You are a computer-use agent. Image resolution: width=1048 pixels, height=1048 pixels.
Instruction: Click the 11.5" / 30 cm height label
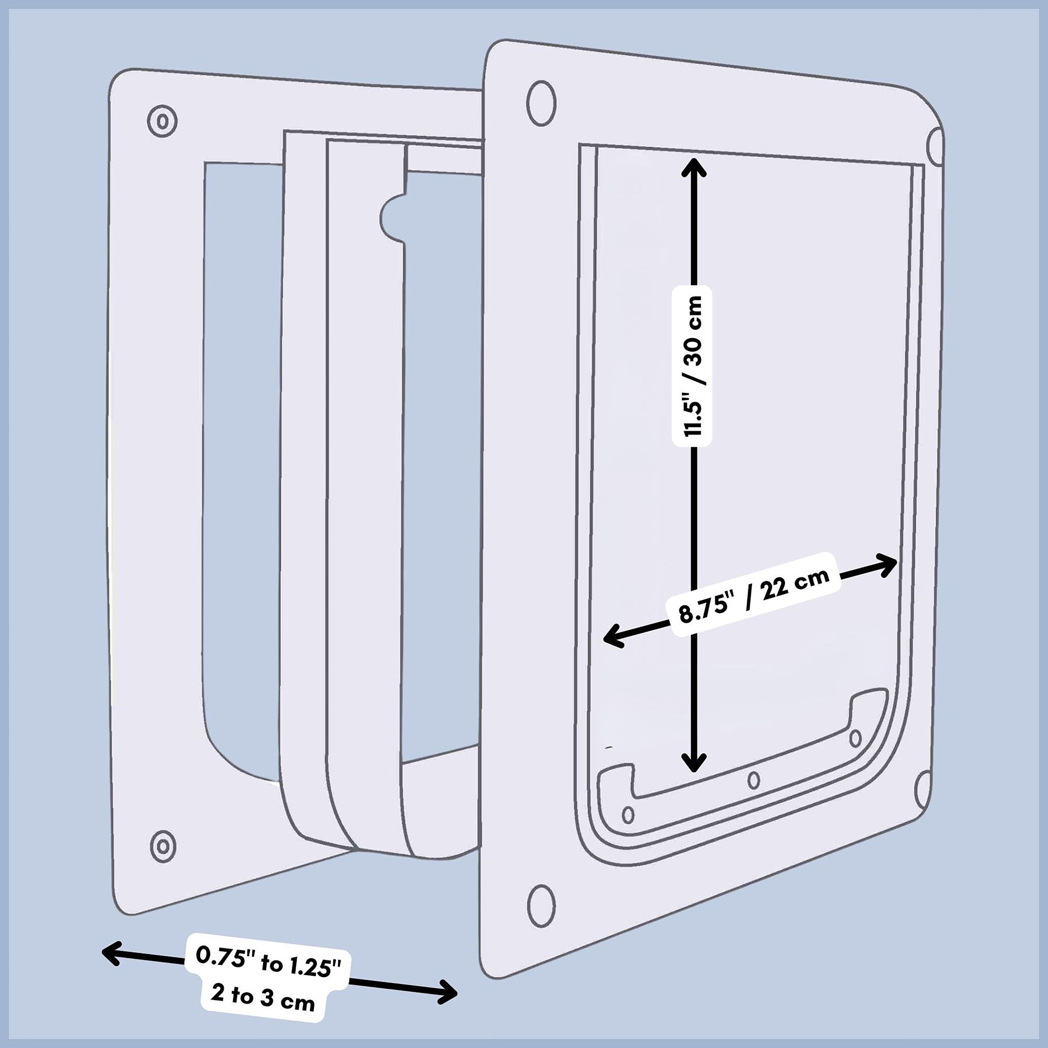coord(692,366)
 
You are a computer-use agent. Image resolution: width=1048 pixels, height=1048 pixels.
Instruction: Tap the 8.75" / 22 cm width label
coord(755,595)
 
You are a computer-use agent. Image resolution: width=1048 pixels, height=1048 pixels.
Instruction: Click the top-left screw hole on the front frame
coord(541,103)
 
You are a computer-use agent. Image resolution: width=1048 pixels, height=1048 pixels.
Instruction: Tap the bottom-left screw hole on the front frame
coord(541,905)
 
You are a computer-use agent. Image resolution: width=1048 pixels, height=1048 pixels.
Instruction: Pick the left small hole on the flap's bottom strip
coord(628,814)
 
